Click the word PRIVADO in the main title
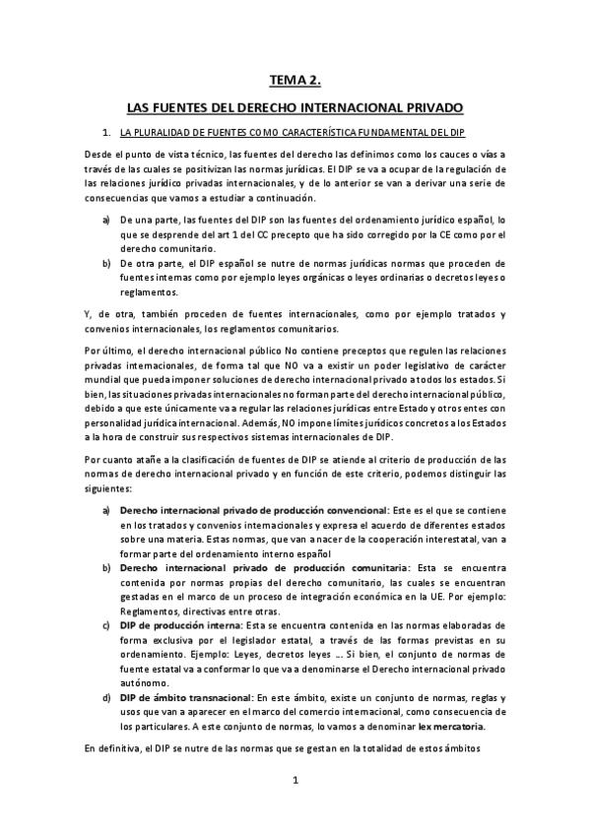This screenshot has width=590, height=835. (435, 105)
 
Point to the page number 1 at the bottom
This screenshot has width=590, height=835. (295, 781)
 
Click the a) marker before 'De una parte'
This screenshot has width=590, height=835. (106, 225)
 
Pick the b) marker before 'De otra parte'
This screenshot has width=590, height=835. (106, 265)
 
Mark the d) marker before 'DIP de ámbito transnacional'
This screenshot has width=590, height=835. (106, 697)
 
